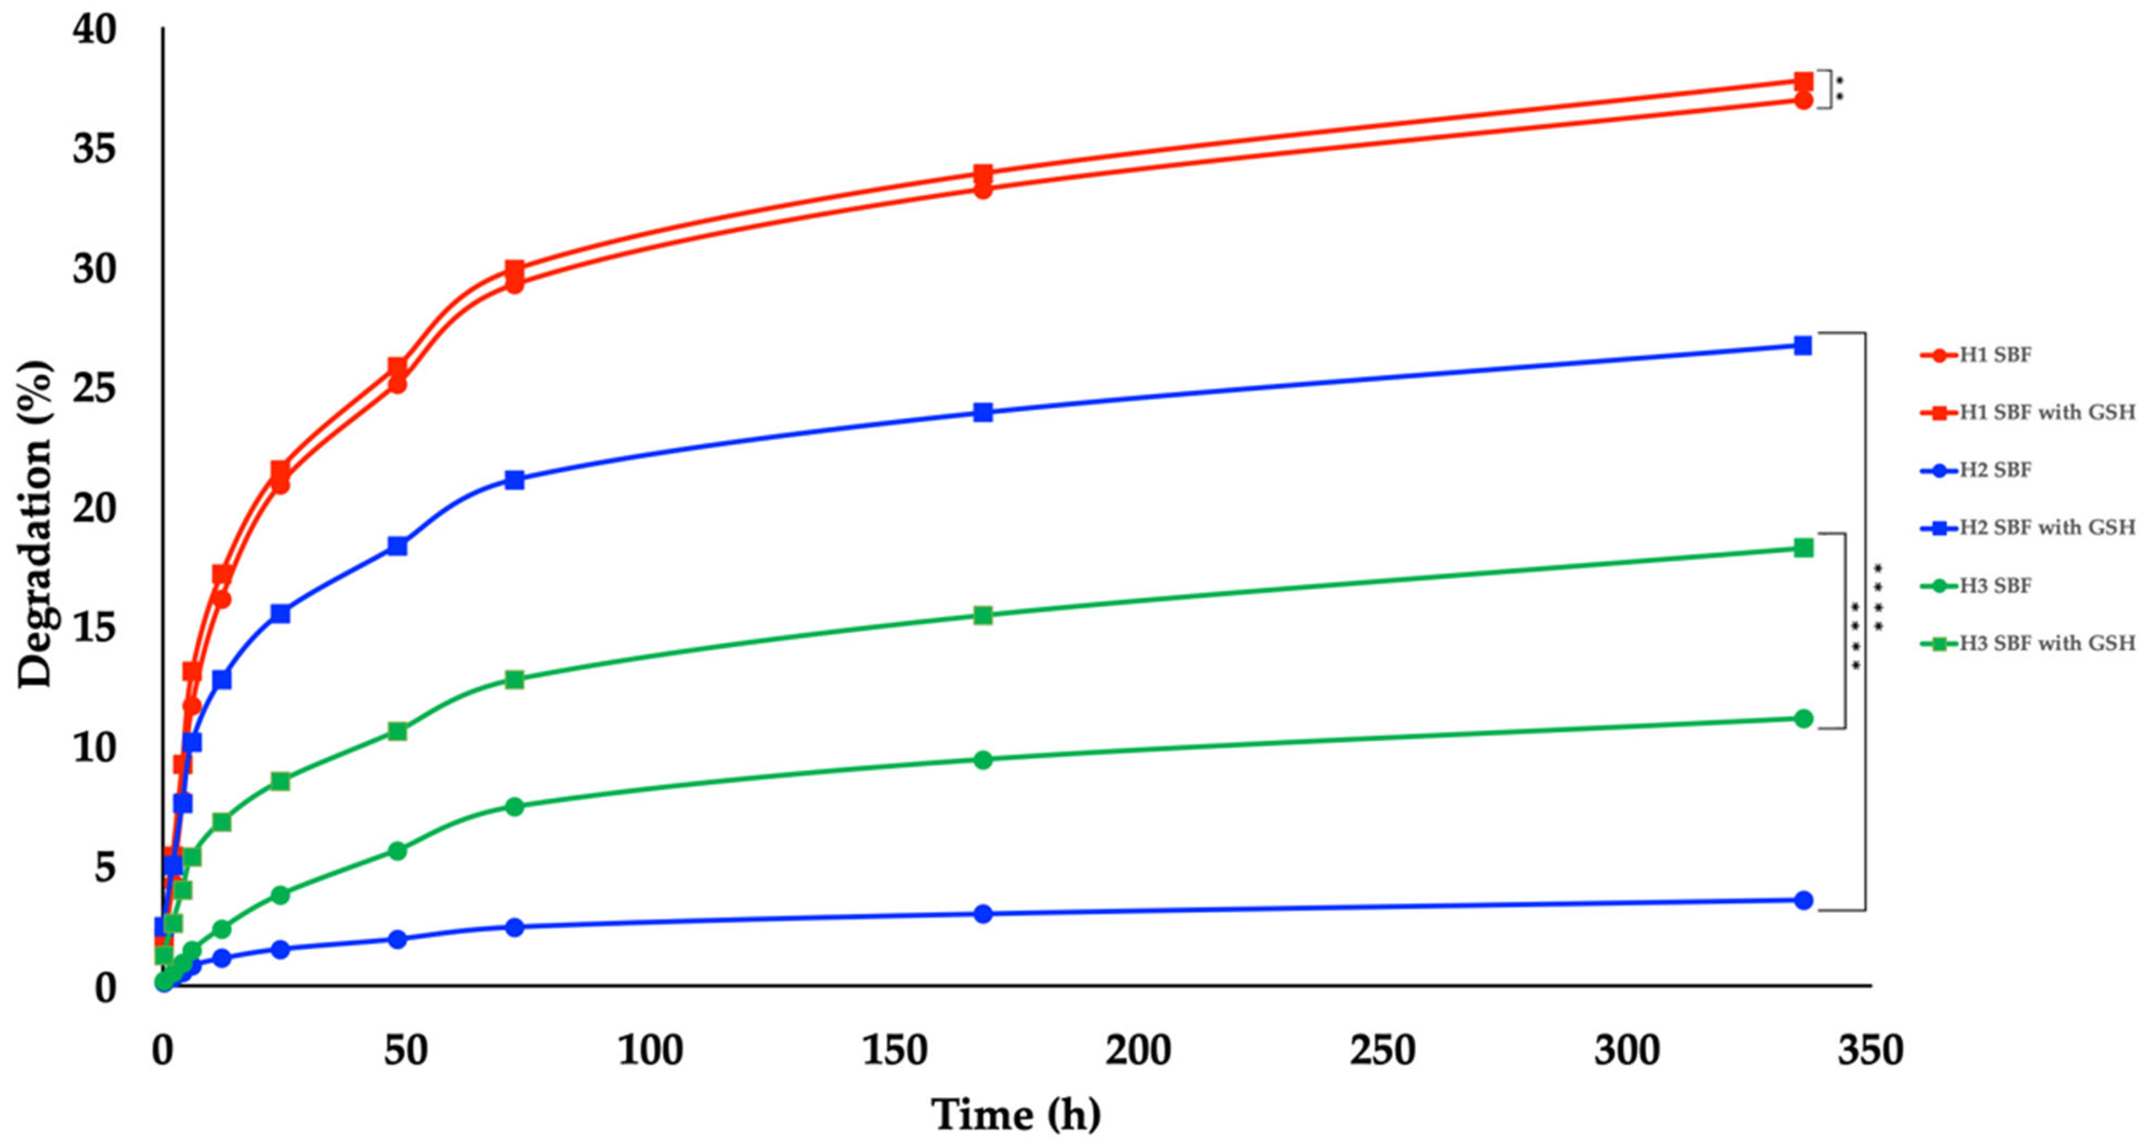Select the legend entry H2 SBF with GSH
[2046, 527]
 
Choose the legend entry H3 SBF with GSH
[2046, 643]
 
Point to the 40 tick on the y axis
[94, 31]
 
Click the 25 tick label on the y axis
[94, 389]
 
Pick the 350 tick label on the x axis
[1870, 1051]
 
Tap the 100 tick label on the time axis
[650, 1051]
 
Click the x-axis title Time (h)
[1015, 1114]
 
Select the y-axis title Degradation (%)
[35, 525]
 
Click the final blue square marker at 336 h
[1803, 345]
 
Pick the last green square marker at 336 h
[1804, 547]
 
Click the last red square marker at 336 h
[1804, 81]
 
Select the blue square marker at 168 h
[983, 411]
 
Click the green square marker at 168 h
[983, 615]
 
